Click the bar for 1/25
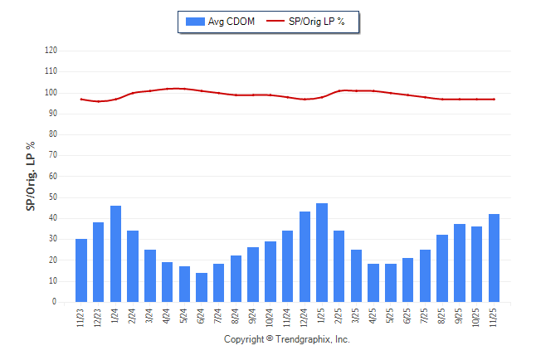[322, 253]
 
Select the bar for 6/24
[202, 287]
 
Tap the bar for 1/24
[115, 254]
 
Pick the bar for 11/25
[495, 258]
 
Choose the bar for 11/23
[81, 270]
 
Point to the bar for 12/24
[305, 257]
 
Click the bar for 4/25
[373, 283]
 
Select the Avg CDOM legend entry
[221, 21]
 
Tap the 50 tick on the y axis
[53, 197]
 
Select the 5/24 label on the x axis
[184, 317]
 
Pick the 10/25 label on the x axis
[477, 319]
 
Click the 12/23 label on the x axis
[98, 319]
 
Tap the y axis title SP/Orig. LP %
[31, 176]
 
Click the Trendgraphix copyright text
[287, 340]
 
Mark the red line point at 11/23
[81, 99]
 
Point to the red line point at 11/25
[495, 99]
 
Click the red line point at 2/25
[339, 90]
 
